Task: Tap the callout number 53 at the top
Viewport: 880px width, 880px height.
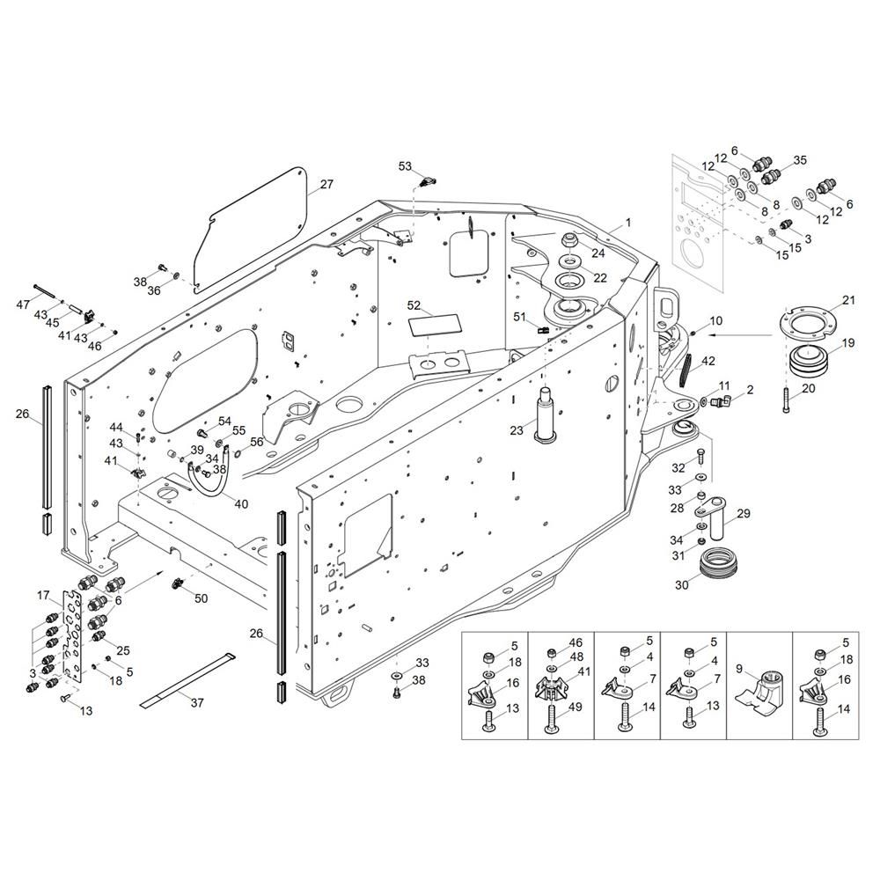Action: pos(405,165)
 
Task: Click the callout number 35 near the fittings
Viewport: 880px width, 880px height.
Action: pos(799,160)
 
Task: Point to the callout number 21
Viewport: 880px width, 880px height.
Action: pos(847,301)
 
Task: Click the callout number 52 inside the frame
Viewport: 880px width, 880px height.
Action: pos(414,304)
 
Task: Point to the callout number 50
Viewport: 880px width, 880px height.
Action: pos(202,598)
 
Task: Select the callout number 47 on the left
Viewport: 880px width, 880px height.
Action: pos(24,304)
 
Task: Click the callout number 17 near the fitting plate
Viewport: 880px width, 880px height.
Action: pos(42,596)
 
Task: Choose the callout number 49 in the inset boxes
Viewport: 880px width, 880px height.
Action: pos(575,707)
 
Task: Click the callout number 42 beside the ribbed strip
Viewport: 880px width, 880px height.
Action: pos(708,360)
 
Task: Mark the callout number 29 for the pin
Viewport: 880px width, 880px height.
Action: pos(743,513)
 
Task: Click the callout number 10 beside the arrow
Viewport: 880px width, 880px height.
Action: pos(715,321)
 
